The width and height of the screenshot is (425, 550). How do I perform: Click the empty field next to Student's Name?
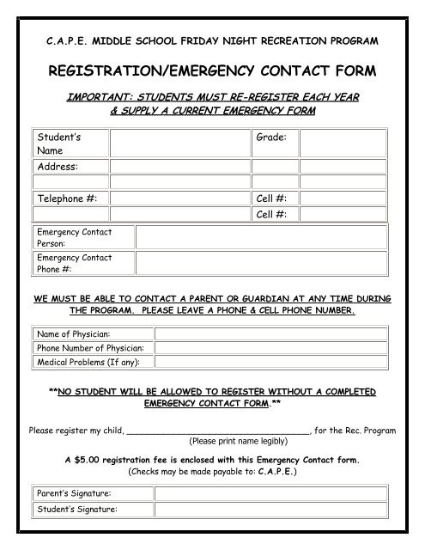tap(179, 143)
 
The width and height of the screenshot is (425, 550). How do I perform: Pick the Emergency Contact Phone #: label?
tap(74, 263)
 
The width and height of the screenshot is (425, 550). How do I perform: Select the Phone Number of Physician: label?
tap(90, 348)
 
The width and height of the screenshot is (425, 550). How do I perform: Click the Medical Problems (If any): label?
tap(90, 362)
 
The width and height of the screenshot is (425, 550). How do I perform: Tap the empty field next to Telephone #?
tap(179, 197)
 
